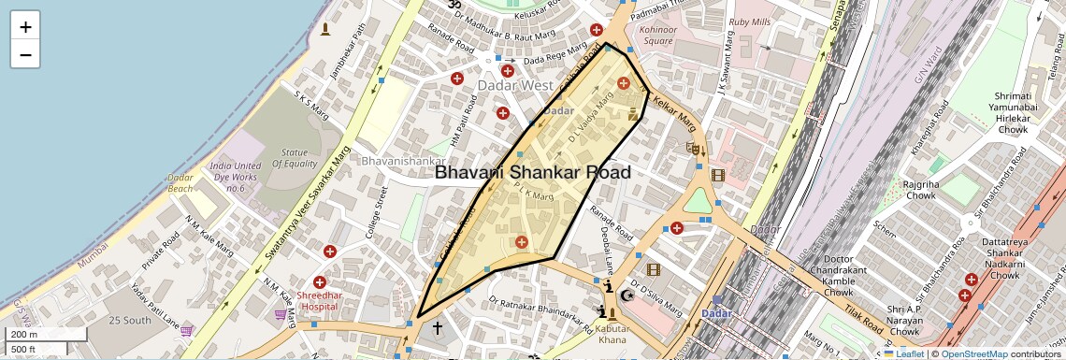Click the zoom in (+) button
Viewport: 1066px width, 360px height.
[25, 26]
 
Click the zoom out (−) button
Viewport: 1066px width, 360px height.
[25, 54]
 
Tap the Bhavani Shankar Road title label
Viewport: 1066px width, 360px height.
[533, 172]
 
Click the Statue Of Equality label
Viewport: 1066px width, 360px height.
[295, 158]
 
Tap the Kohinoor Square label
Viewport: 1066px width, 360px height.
[656, 35]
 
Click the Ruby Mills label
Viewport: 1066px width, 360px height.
[750, 22]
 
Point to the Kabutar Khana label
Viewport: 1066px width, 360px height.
[612, 334]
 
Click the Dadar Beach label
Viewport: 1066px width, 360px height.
[180, 182]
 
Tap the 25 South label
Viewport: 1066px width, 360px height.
[129, 321]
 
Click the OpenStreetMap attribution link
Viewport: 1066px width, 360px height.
[974, 353]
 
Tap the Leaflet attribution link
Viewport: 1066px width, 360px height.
[904, 353]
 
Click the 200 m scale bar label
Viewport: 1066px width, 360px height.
[24, 334]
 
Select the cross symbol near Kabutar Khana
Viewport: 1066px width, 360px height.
[436, 328]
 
